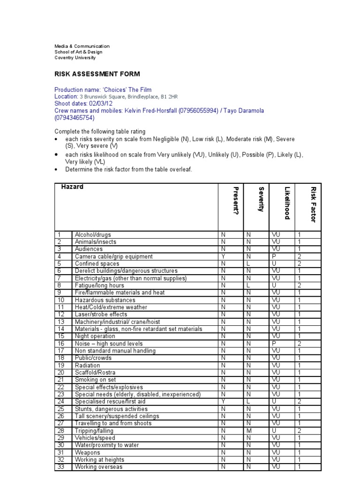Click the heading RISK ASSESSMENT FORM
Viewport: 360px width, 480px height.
click(x=97, y=74)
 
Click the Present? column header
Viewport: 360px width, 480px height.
click(x=236, y=201)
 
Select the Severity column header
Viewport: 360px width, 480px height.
click(x=261, y=199)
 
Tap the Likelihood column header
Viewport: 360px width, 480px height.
click(x=287, y=202)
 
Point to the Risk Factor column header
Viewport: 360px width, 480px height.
click(x=313, y=204)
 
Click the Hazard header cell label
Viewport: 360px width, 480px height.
click(x=72, y=187)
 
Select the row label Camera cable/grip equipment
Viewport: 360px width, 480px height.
click(x=113, y=256)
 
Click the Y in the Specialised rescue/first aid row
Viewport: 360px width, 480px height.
click(x=223, y=401)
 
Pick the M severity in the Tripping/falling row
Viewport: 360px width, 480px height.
click(x=249, y=430)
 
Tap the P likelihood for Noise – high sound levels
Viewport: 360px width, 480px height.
click(x=273, y=343)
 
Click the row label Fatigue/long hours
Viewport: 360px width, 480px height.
click(x=99, y=285)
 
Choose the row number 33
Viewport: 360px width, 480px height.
click(x=60, y=467)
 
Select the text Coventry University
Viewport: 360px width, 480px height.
click(x=75, y=58)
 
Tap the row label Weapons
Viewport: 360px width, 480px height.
click(x=87, y=452)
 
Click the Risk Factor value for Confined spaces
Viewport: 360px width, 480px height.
click(x=300, y=264)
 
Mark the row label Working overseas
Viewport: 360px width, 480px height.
click(x=98, y=467)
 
